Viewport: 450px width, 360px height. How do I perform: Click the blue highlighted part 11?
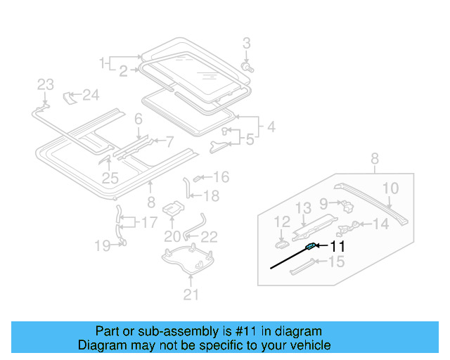(x=310, y=246)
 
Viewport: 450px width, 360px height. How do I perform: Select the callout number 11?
(x=338, y=247)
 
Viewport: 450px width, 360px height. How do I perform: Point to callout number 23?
(x=45, y=84)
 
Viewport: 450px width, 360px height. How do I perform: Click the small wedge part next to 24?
(x=70, y=96)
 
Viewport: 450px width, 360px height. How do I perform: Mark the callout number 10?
(x=390, y=188)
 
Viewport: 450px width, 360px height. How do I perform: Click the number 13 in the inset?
(x=302, y=207)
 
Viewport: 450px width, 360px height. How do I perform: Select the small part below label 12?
(x=281, y=243)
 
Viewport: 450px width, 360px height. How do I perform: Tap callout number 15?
(x=337, y=262)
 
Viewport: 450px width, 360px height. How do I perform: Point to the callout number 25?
(x=110, y=179)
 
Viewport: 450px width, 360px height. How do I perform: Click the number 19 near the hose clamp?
(x=103, y=245)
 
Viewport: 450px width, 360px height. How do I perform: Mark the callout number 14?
(x=380, y=224)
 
